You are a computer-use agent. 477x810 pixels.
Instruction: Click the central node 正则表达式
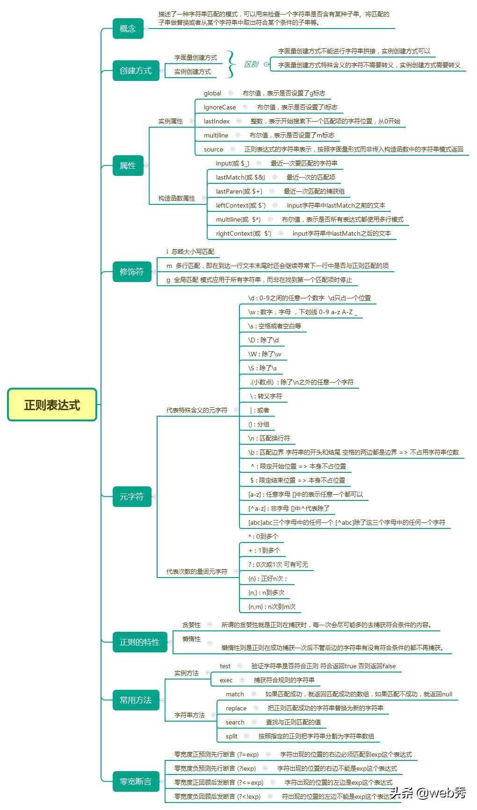[x=52, y=405]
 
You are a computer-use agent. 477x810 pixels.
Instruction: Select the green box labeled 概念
[x=128, y=29]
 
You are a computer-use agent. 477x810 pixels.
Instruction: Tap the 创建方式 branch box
[x=136, y=71]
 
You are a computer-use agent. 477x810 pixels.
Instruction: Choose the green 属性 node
[x=128, y=166]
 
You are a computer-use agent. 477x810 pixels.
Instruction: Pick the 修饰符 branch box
[x=132, y=272]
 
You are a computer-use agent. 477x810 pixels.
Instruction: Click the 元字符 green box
[x=132, y=497]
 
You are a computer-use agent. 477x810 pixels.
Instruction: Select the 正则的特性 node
[x=140, y=642]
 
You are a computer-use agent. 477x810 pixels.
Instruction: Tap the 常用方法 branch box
[x=136, y=700]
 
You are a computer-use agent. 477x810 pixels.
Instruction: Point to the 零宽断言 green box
[x=136, y=781]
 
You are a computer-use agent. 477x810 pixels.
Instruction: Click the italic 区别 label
[x=251, y=64]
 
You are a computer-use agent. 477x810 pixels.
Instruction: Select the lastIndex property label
[x=217, y=121]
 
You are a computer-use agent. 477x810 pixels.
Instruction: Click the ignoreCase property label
[x=220, y=107]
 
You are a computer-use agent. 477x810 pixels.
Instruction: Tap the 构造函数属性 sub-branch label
[x=177, y=198]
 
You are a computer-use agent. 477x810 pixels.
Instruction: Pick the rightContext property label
[x=244, y=233]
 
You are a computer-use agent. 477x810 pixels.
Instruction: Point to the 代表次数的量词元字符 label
[x=197, y=571]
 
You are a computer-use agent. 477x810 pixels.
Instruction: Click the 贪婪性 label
[x=191, y=625]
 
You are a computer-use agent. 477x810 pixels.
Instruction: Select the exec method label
[x=226, y=680]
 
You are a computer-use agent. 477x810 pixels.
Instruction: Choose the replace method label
[x=236, y=708]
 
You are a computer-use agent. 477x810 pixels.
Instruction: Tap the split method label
[x=231, y=736]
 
